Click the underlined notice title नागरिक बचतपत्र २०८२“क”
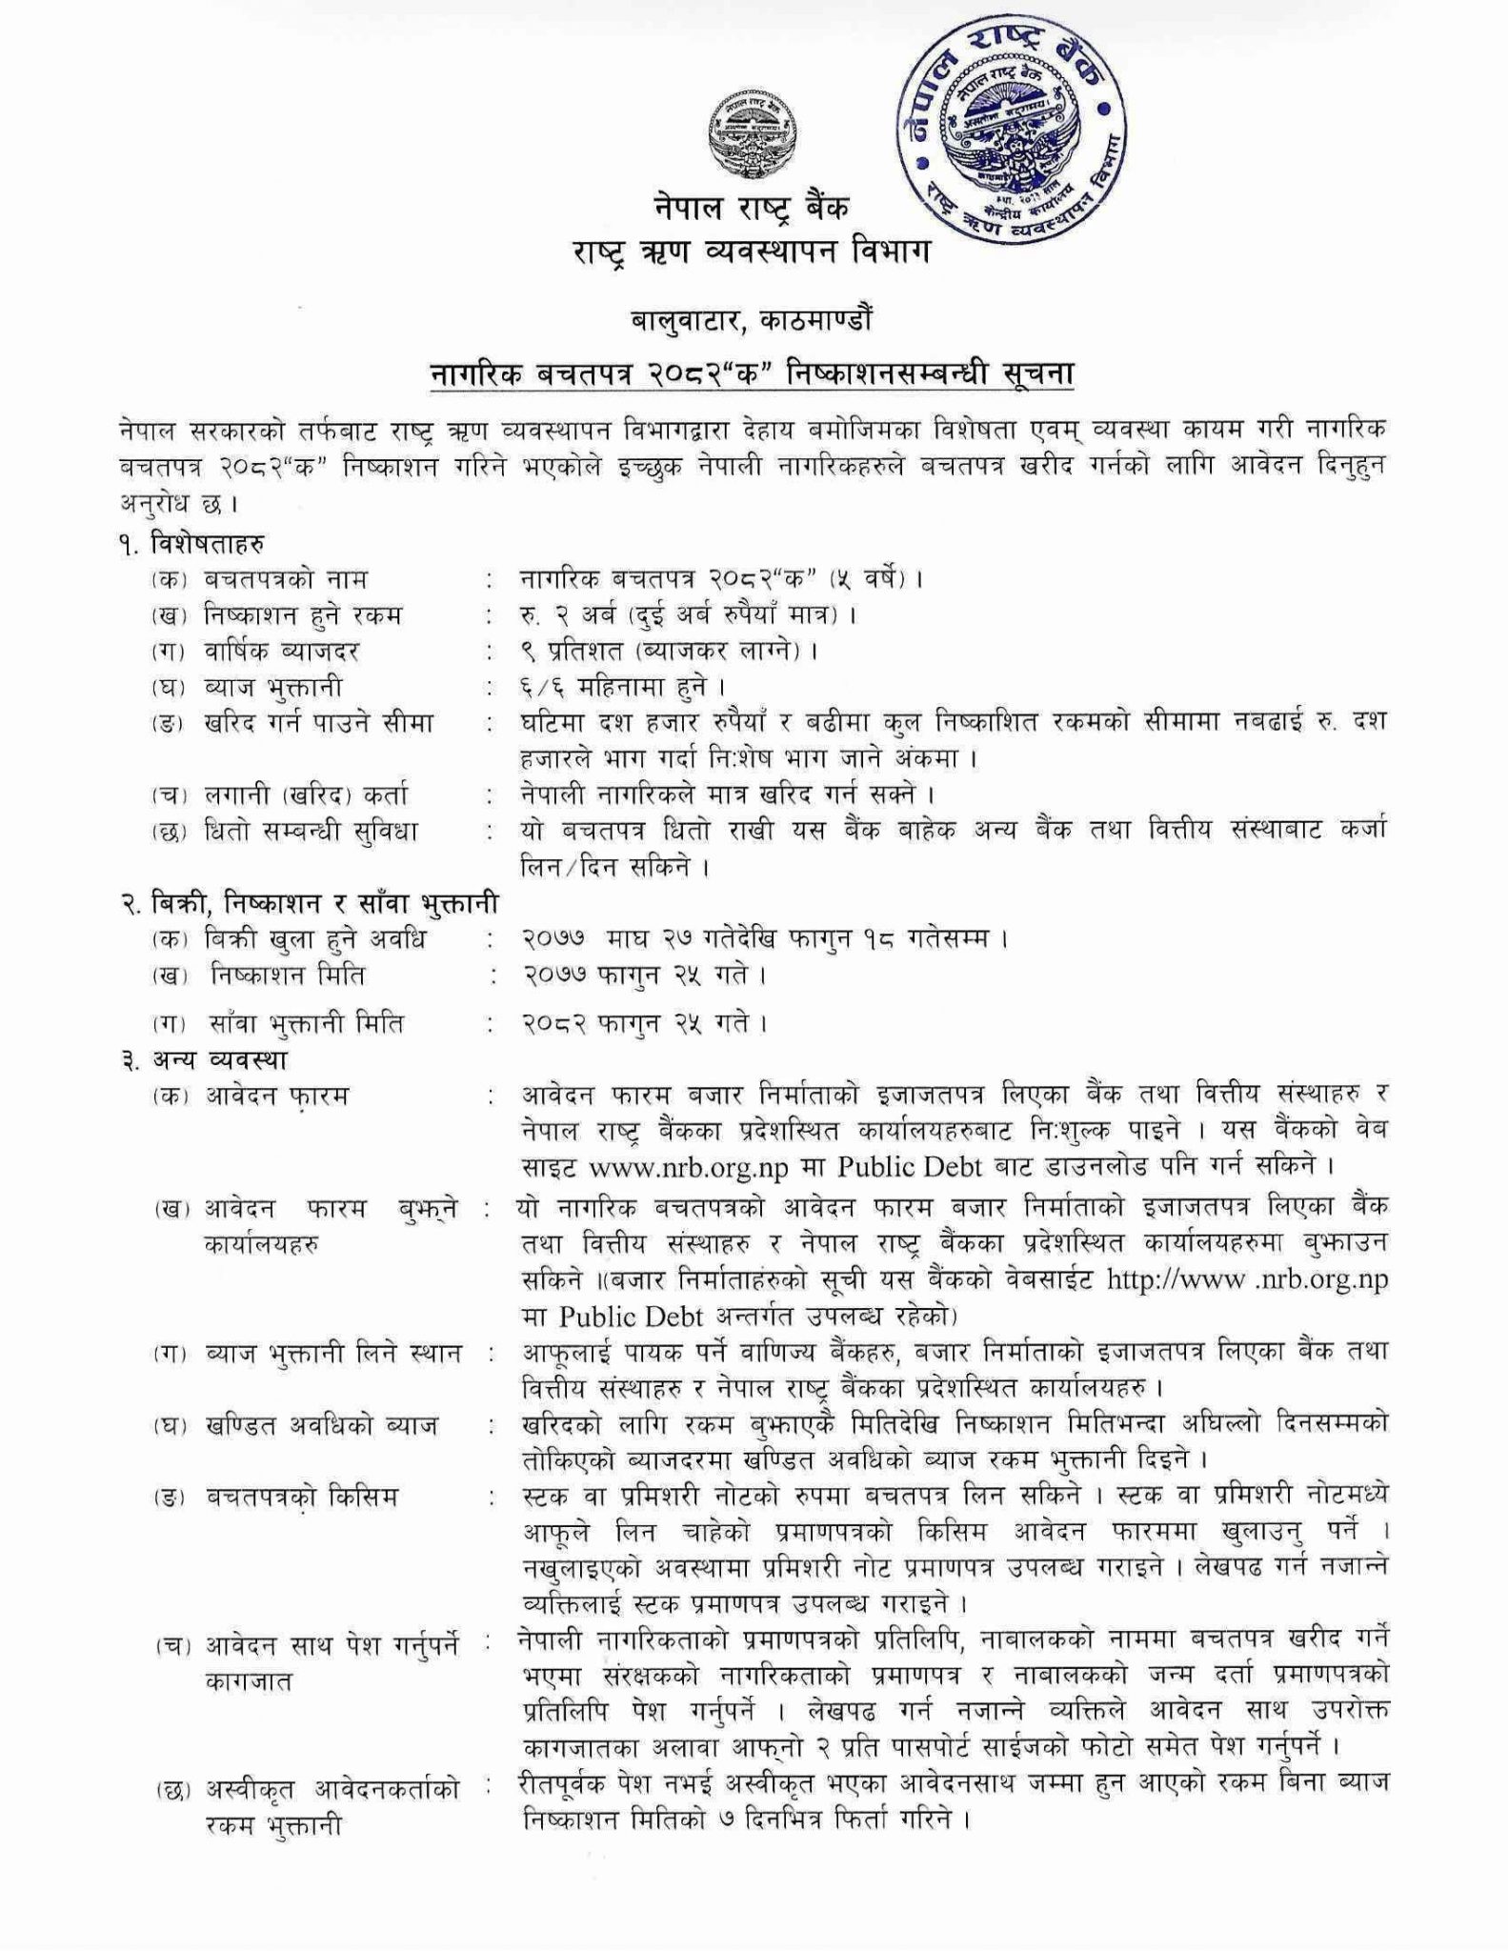pyautogui.click(x=753, y=373)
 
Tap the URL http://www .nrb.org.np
pyautogui.click(x=1247, y=1279)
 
